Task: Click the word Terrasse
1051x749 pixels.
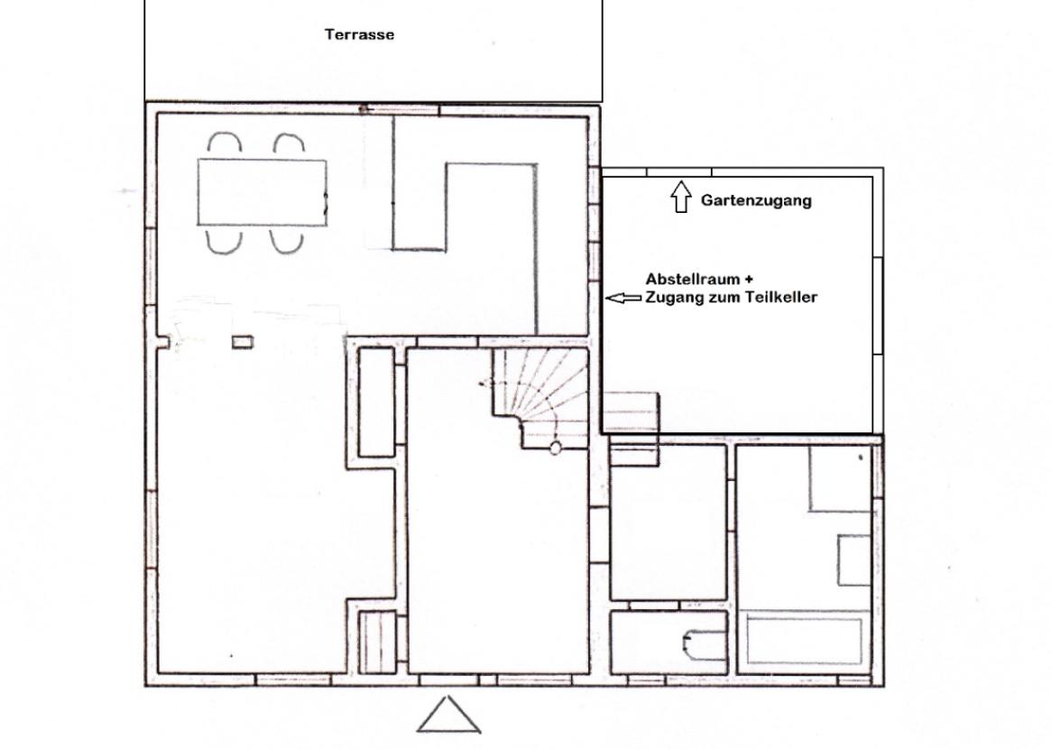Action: tap(359, 35)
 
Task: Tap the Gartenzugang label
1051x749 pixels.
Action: tap(755, 200)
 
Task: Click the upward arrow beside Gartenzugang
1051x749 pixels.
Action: tap(680, 197)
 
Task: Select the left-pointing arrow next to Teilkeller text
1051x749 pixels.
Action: tap(622, 298)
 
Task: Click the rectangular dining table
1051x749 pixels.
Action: tap(262, 192)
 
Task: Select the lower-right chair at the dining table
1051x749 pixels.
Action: tap(286, 240)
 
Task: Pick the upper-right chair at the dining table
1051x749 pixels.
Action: tap(289, 144)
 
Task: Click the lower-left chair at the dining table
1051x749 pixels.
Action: tap(223, 240)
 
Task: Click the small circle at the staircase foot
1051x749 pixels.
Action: tap(556, 446)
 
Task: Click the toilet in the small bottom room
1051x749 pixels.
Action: tap(697, 644)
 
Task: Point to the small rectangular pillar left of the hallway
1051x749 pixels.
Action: tap(242, 342)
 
